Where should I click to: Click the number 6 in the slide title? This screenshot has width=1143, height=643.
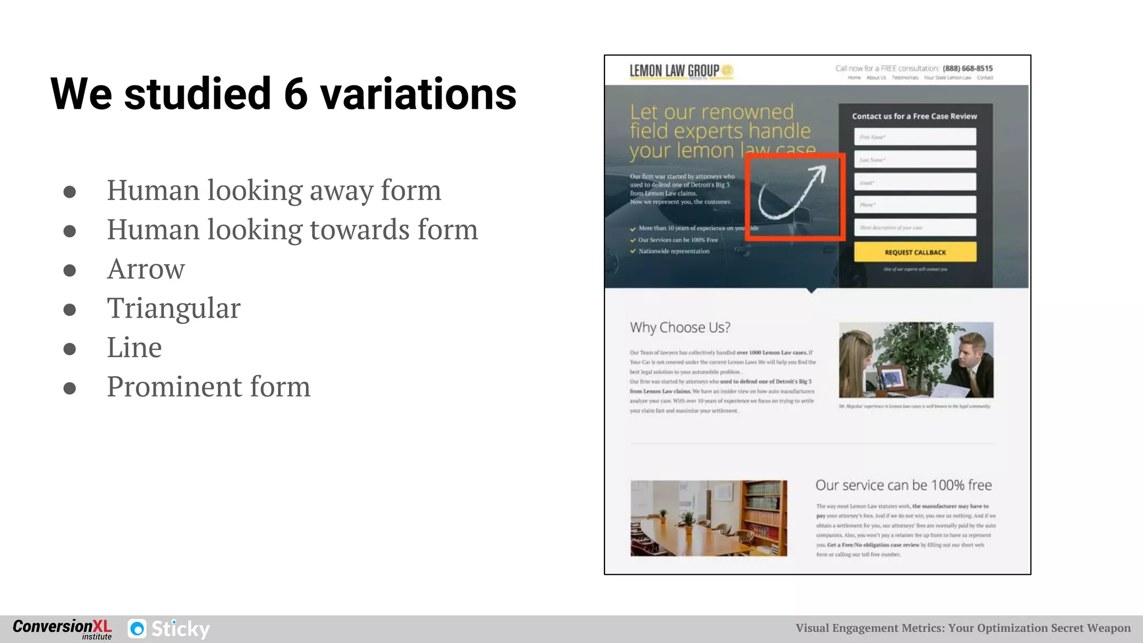click(x=296, y=94)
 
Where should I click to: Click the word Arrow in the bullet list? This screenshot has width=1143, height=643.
click(x=146, y=269)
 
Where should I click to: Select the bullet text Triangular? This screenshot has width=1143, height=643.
click(x=174, y=308)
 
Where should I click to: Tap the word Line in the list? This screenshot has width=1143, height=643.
click(x=134, y=347)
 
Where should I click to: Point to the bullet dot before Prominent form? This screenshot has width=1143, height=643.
click(x=70, y=388)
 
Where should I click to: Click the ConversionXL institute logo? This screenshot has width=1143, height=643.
click(x=62, y=628)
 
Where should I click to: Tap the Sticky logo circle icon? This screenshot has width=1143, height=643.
click(x=137, y=629)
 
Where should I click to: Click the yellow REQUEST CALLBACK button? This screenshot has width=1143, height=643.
click(x=915, y=252)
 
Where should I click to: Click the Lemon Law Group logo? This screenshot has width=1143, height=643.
click(x=680, y=71)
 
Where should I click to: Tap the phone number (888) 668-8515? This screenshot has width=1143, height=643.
click(x=968, y=68)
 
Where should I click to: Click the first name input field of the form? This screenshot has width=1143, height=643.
click(x=915, y=137)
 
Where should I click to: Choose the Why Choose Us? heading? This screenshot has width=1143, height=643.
click(x=680, y=327)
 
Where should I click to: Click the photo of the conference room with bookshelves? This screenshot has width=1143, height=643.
click(x=708, y=518)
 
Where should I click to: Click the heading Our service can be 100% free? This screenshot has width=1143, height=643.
click(x=903, y=485)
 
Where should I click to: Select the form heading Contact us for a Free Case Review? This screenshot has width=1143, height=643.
click(x=914, y=116)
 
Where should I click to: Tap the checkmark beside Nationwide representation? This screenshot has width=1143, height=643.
click(x=633, y=251)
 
